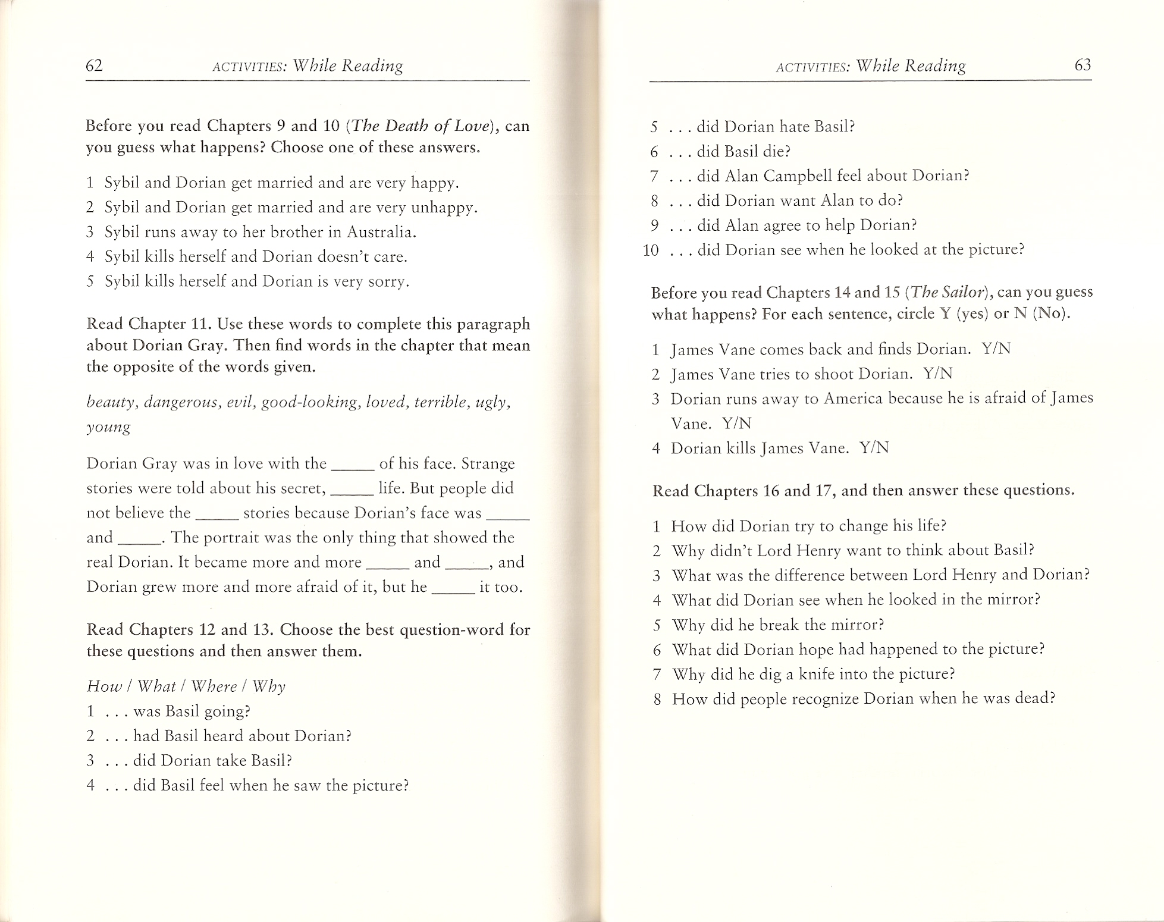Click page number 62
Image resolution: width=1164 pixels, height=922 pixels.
point(95,65)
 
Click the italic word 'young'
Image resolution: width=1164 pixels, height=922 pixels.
point(108,428)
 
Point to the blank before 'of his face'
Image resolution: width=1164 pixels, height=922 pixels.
point(352,465)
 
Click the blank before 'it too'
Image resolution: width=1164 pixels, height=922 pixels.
point(453,588)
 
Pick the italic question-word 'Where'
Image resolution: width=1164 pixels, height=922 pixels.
point(214,687)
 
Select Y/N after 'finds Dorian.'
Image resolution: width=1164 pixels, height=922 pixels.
point(996,349)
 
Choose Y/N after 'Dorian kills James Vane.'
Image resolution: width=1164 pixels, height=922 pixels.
point(874,448)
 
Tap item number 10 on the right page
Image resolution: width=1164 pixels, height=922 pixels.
point(651,250)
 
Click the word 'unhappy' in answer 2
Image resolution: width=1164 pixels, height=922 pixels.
point(444,208)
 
